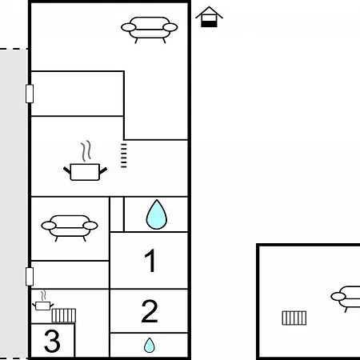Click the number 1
tap(150, 261)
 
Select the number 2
tap(150, 311)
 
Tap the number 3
tap(52, 341)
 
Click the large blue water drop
tap(157, 214)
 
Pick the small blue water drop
tap(150, 345)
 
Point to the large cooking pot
tap(85, 172)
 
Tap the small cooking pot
tap(42, 306)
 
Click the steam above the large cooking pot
tap(86, 151)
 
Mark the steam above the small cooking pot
tap(43, 295)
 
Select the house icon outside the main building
tap(209, 17)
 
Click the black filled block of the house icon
tap(209, 24)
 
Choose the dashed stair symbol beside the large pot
tap(124, 156)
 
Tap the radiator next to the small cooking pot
tap(64, 315)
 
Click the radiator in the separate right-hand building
tap(294, 318)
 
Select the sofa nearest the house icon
tap(150, 30)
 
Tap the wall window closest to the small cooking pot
tap(30, 277)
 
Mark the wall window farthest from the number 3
tap(30, 94)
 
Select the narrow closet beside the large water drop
tap(117, 214)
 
